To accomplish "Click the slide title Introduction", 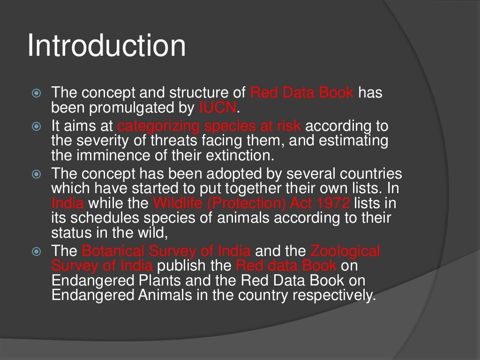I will [x=106, y=46].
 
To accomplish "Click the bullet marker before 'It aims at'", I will [x=37, y=127].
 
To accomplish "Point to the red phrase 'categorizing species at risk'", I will [x=210, y=127].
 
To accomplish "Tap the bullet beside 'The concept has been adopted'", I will [x=37, y=174].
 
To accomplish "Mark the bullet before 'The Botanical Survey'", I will [x=37, y=252].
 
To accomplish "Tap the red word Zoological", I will [x=345, y=251].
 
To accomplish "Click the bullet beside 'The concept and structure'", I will [x=37, y=93].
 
